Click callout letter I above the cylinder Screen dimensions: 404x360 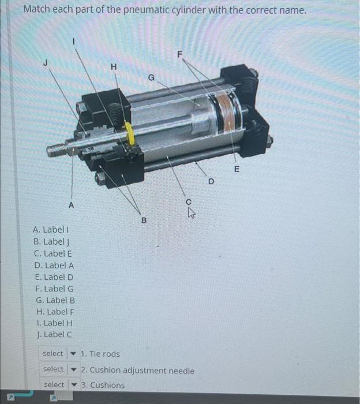point(73,41)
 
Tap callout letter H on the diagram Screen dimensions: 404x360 point(114,67)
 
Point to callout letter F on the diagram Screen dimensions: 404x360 point(179,54)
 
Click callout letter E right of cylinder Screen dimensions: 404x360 point(236,169)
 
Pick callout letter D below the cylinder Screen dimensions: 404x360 point(211,182)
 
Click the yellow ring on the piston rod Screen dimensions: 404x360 point(130,134)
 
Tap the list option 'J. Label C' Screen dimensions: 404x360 point(54,334)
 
